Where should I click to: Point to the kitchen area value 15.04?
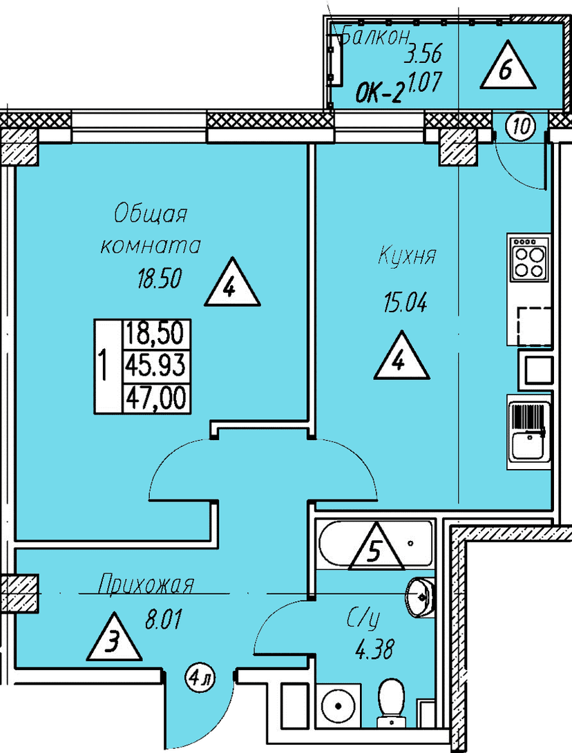[x=405, y=303]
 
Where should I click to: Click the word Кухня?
[x=407, y=256]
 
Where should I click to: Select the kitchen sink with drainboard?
[x=529, y=431]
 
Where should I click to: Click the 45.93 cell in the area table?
[x=155, y=365]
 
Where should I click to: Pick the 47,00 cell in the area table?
[x=155, y=398]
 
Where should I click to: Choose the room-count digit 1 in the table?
[x=102, y=365]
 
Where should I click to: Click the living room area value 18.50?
[x=160, y=278]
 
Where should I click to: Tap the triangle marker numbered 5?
[x=374, y=547]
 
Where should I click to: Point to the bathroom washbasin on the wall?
[x=420, y=597]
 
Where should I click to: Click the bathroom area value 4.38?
[x=374, y=650]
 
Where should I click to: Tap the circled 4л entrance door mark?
[x=200, y=679]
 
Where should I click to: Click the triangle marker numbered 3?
[x=114, y=638]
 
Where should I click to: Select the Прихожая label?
[x=146, y=585]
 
